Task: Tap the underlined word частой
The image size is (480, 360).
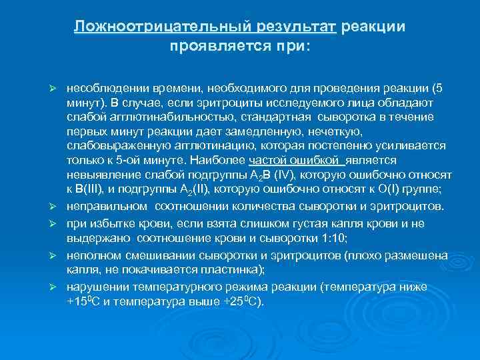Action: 269,160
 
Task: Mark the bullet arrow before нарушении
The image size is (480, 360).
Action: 57,287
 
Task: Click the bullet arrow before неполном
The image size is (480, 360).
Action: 57,255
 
